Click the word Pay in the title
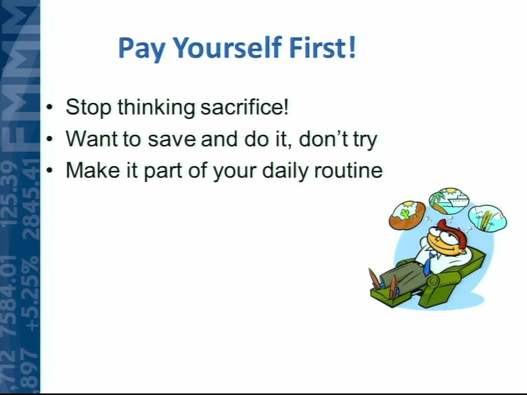(x=142, y=48)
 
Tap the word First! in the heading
(x=322, y=47)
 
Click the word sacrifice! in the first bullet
(x=244, y=107)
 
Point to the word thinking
(x=156, y=107)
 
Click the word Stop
(x=89, y=108)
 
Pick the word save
(x=171, y=139)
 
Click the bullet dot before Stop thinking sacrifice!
(x=50, y=107)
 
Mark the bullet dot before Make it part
(x=50, y=171)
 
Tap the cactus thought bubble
(x=407, y=216)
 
